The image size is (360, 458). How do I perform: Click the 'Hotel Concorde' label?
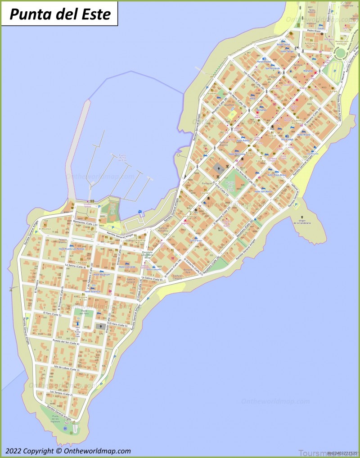(127, 267)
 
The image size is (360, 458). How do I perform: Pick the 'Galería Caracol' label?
(131, 280)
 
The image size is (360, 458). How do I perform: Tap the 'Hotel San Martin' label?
(263, 191)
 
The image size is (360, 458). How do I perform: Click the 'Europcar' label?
(207, 183)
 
